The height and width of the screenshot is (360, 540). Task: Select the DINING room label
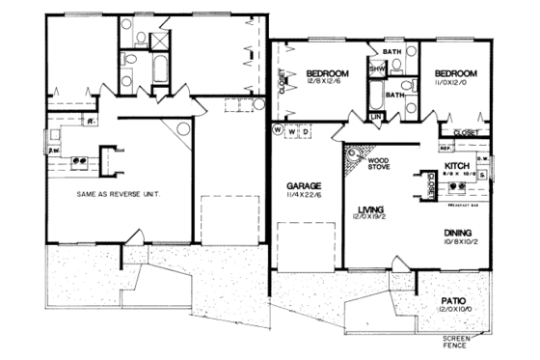pyautogui.click(x=458, y=234)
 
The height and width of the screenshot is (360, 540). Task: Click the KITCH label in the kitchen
pyautogui.click(x=458, y=166)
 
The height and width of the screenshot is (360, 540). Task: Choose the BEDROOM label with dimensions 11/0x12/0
pyautogui.click(x=453, y=73)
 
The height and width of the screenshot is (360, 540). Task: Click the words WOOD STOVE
pyautogui.click(x=378, y=163)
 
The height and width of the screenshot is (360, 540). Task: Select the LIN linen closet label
pyautogui.click(x=377, y=117)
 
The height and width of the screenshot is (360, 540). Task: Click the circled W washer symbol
pyautogui.click(x=277, y=129)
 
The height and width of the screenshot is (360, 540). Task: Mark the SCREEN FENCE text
pyautogui.click(x=456, y=342)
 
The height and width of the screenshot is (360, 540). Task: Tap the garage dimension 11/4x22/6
pyautogui.click(x=304, y=195)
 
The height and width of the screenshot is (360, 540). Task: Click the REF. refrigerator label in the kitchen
pyautogui.click(x=445, y=149)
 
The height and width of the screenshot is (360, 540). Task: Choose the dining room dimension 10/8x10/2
pyautogui.click(x=458, y=243)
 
